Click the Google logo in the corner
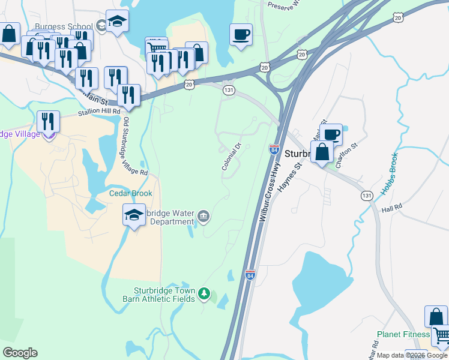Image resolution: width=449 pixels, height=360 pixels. tap(20, 353)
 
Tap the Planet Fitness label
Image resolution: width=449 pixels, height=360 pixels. tap(403, 334)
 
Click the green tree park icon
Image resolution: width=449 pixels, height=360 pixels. tap(205, 293)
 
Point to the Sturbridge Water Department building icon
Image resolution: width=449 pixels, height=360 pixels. tap(204, 216)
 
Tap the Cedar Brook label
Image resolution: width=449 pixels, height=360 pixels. tap(130, 193)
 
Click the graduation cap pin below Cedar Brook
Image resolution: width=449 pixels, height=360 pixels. tap(134, 215)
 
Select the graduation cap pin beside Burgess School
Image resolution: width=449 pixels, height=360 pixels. tap(117, 21)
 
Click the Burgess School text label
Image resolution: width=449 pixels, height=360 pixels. tap(63, 27)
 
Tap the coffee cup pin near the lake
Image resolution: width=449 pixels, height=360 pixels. tap(241, 34)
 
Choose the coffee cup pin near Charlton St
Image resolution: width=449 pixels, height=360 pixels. tap(331, 134)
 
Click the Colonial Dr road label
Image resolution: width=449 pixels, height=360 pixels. tap(231, 157)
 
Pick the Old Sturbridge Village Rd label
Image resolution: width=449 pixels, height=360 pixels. tap(134, 146)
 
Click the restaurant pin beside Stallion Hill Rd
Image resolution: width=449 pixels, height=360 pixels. tap(47, 122)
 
